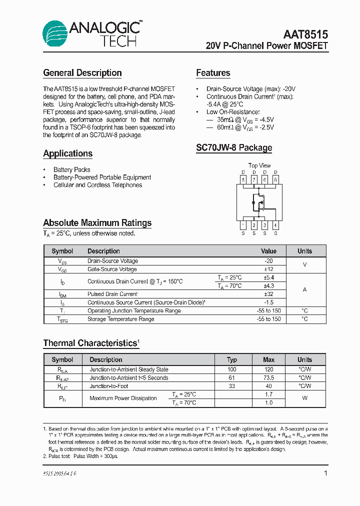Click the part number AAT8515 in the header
point(305,34)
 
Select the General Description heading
point(82,73)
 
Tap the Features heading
point(213,73)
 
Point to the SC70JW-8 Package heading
point(234,148)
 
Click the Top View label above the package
point(259,165)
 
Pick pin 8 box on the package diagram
point(243,179)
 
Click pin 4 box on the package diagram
point(275,225)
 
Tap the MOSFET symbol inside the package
point(259,202)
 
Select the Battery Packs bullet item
point(72,169)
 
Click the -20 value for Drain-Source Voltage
point(268,261)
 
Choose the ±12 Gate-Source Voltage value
point(268,269)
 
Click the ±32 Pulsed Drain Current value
point(268,294)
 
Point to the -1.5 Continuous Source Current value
point(268,302)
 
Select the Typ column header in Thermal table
point(232,359)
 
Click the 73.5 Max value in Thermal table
point(269,378)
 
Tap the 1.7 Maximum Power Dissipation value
point(269,394)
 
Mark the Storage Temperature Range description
point(120,319)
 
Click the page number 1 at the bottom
point(325,473)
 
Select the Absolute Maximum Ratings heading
point(97,223)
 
